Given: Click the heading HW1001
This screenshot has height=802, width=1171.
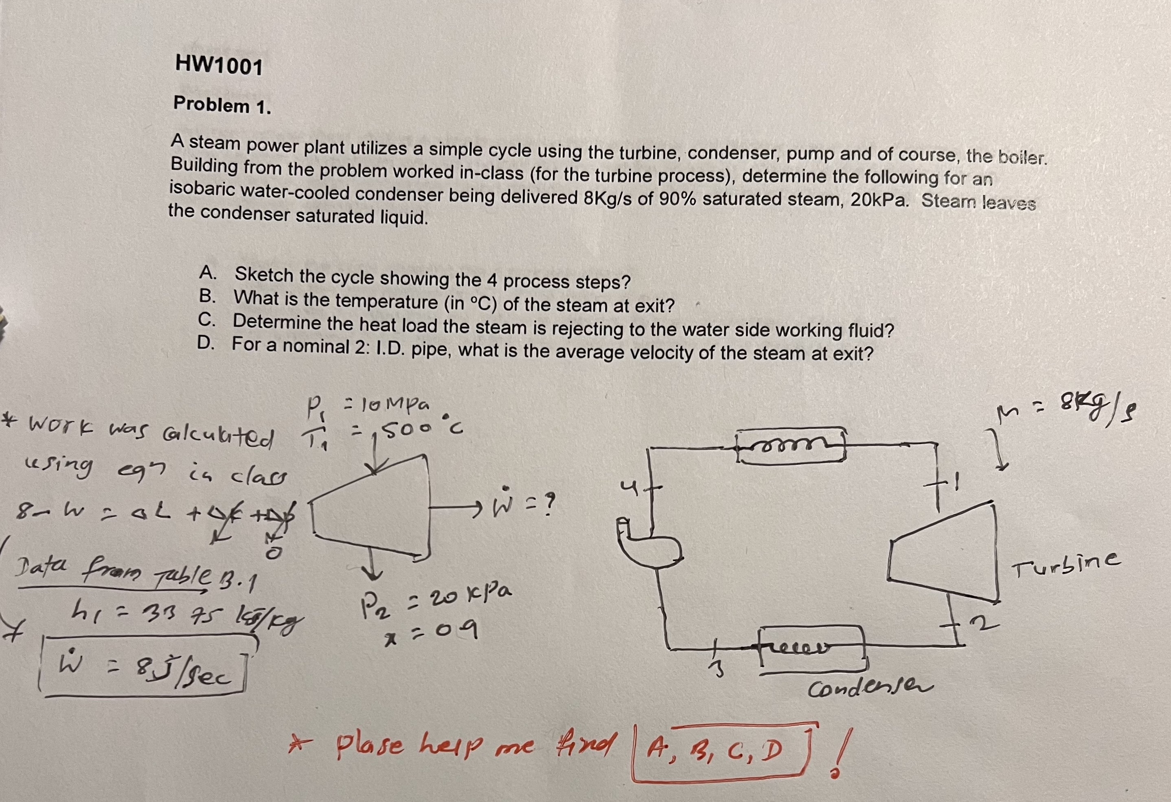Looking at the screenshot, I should (x=219, y=66).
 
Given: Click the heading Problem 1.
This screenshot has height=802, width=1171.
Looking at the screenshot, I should (x=222, y=105).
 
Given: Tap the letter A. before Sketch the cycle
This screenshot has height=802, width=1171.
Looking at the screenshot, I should (x=208, y=273).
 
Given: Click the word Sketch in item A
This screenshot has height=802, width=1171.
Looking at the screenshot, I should (x=264, y=275).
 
